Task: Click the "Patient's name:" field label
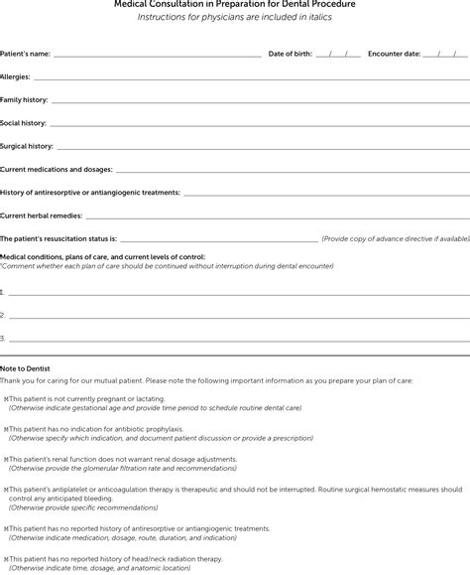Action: (26, 53)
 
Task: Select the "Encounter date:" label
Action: (394, 53)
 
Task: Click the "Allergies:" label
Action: (15, 76)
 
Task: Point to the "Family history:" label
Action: (24, 100)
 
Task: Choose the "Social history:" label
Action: (23, 123)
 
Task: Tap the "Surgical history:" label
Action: (27, 146)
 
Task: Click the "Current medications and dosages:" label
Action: (57, 169)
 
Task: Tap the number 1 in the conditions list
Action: (3, 292)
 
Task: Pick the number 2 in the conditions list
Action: (3, 315)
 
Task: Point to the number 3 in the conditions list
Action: (3, 338)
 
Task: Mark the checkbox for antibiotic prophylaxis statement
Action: (5, 429)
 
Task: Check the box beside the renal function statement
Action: (5, 459)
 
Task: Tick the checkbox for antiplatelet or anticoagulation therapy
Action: (5, 490)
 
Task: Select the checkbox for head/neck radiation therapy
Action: (5, 558)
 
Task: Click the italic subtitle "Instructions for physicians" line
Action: (235, 17)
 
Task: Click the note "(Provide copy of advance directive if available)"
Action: (395, 238)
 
